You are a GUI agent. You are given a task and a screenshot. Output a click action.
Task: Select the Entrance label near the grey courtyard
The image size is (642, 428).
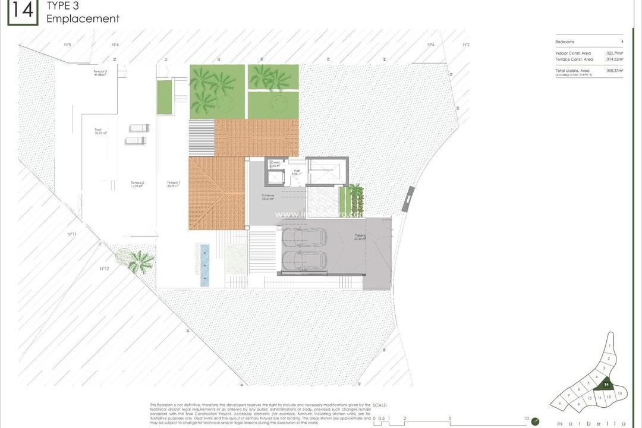point(268,197)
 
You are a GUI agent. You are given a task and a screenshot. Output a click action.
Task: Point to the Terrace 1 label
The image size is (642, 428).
point(173,184)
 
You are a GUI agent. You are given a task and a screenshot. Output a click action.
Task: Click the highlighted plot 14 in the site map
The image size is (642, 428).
point(606,385)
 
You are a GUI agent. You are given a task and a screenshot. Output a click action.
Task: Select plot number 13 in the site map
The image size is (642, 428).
point(619,394)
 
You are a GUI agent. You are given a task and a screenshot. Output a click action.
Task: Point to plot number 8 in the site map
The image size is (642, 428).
point(560,403)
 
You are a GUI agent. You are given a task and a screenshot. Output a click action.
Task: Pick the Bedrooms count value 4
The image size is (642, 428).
point(622,42)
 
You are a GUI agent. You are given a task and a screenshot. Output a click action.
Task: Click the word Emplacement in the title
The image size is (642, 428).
point(83,18)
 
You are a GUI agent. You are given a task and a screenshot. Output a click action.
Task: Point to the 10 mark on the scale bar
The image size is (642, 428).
point(526,418)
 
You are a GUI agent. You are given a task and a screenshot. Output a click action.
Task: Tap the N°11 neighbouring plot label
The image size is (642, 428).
point(72,234)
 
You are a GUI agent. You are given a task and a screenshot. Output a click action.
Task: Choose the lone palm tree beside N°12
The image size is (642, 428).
point(141,260)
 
